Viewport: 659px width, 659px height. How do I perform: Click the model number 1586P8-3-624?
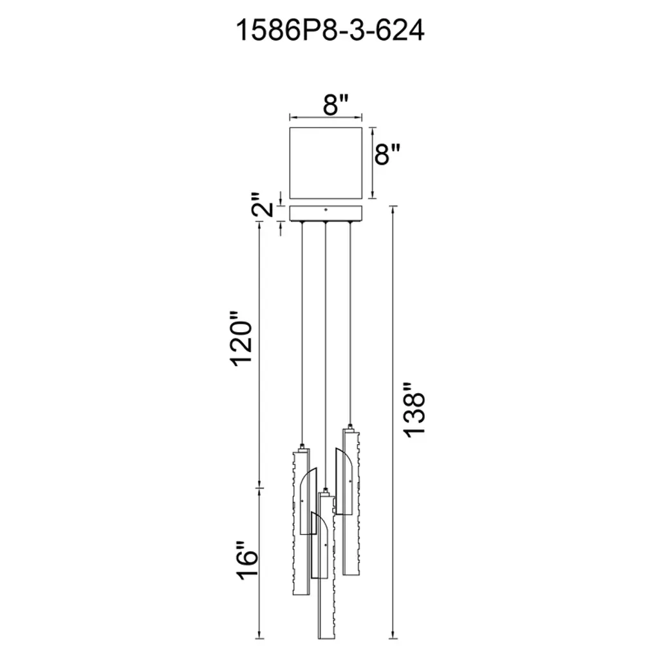click(330, 30)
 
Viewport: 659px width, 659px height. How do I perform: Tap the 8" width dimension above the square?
click(336, 104)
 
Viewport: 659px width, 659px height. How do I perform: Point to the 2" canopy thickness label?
click(264, 205)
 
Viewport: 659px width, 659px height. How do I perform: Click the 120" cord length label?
click(241, 339)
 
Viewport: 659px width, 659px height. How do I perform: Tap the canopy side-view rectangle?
click(326, 213)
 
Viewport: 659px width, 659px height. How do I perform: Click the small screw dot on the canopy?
click(326, 209)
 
